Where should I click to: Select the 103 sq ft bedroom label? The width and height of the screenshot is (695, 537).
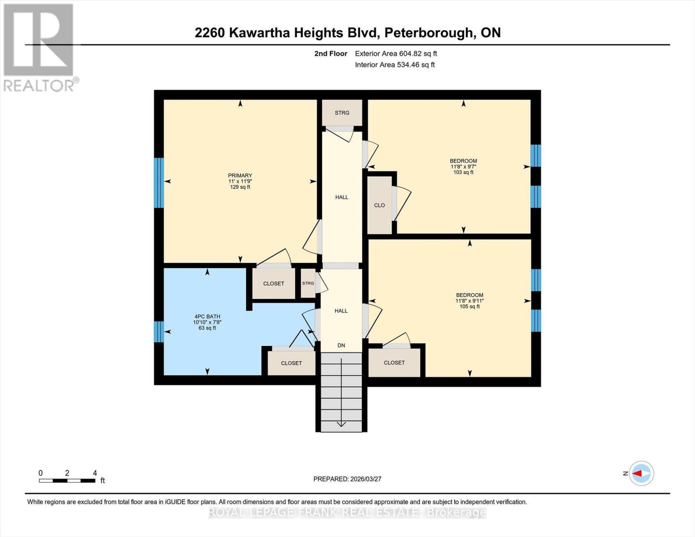coord(463,166)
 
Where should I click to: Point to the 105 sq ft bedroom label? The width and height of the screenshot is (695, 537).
coord(469,301)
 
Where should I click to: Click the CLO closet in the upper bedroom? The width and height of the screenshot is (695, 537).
coord(379,205)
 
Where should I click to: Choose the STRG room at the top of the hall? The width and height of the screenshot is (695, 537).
coord(342,113)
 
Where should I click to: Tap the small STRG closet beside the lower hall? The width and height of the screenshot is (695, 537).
coord(308,283)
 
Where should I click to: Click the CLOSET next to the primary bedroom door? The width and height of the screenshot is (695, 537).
coord(273,284)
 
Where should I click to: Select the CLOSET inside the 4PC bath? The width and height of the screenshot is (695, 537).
coord(291,363)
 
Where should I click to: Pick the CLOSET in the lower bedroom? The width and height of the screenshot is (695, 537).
coord(394,363)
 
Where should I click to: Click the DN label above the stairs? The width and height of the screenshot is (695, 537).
coord(341,345)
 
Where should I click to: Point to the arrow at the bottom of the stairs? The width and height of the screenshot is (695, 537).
coord(341,423)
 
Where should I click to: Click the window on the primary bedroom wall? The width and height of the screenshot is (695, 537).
coord(159,183)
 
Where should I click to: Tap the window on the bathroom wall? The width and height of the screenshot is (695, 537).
coord(159,332)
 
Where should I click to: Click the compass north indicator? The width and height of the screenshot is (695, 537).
coord(641,473)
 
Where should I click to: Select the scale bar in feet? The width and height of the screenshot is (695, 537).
coord(67,481)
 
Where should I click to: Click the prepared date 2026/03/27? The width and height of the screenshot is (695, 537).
coord(347,479)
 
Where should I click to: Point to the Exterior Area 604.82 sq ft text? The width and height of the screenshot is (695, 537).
coord(396,54)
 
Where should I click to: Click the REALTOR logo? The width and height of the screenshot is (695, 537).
coord(39,47)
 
